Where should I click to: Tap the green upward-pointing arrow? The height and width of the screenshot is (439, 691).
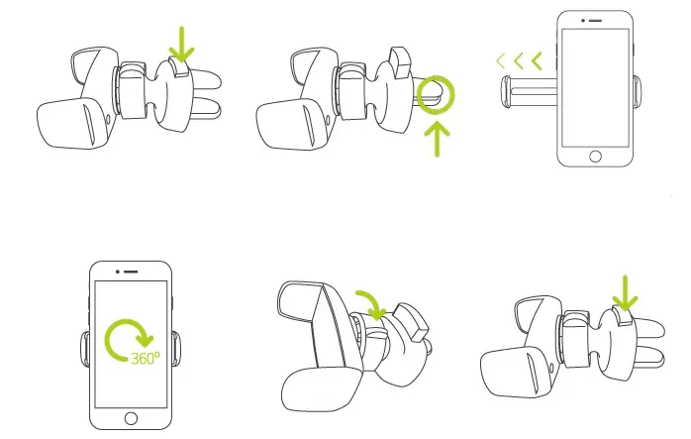pyautogui.click(x=438, y=138)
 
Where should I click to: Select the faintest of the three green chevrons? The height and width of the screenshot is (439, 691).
pyautogui.click(x=500, y=60)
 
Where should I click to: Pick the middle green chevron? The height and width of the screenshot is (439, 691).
pyautogui.click(x=519, y=60)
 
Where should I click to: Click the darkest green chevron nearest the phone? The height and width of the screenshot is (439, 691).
pyautogui.click(x=537, y=60)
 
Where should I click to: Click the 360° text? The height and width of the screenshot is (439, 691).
pyautogui.click(x=146, y=358)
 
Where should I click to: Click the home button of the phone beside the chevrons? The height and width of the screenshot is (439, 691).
pyautogui.click(x=595, y=157)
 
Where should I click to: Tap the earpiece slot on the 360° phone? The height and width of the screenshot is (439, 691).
pyautogui.click(x=131, y=272)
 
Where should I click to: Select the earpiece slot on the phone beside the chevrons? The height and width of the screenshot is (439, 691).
pyautogui.click(x=595, y=21)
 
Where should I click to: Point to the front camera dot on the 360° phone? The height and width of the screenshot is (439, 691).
pyautogui.click(x=118, y=272)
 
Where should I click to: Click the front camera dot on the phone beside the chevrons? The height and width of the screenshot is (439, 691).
pyautogui.click(x=582, y=21)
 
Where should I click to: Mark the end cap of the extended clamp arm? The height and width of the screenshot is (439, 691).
pyautogui.click(x=506, y=92)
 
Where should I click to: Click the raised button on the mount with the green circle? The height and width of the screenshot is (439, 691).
pyautogui.click(x=400, y=61)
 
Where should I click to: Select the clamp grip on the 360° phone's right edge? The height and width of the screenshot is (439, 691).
pyautogui.click(x=175, y=349)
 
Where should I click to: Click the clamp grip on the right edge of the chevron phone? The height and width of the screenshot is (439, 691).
pyautogui.click(x=638, y=91)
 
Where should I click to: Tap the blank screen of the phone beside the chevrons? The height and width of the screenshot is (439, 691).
pyautogui.click(x=595, y=88)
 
